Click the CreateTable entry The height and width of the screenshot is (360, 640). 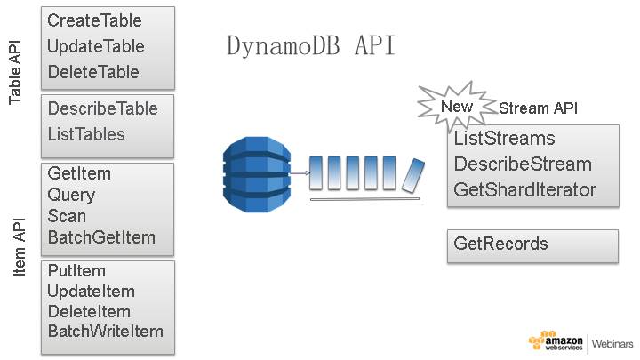94,20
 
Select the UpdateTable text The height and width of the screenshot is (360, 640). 95,46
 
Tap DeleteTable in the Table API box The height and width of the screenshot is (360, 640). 93,72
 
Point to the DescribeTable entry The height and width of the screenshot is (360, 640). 102,108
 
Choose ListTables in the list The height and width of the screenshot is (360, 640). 86,134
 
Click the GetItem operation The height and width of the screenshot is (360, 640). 79,174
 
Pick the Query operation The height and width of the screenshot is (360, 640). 71,195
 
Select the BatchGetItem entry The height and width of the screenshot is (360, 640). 101,237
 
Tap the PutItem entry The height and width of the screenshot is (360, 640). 76,271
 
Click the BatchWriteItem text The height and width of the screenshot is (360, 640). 106,332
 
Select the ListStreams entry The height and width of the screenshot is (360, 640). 504,140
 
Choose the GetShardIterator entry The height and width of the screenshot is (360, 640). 524,189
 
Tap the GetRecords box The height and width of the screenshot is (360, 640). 532,244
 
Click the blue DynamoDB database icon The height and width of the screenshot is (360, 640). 256,172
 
